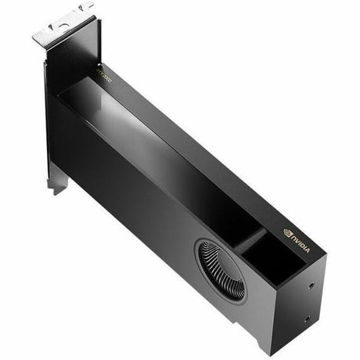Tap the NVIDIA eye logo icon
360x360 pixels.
tap(288, 231)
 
